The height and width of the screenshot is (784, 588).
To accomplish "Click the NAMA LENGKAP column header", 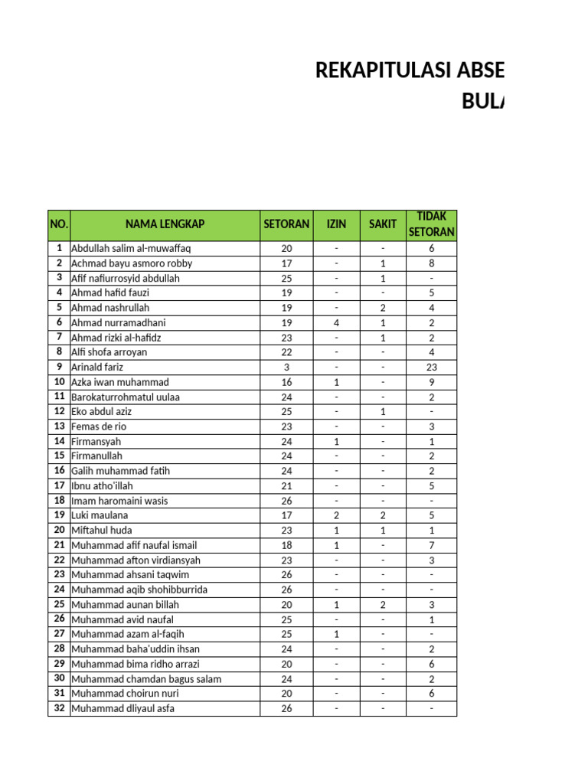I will pos(165,224).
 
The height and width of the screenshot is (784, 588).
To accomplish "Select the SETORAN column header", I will pos(286,224).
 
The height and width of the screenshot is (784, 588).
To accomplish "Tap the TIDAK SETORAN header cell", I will pos(431,224).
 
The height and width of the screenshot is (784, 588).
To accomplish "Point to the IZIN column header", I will pos(336,224).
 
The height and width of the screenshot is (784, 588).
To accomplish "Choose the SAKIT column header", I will pos(383,224).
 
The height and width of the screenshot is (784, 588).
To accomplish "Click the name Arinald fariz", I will pos(97,367).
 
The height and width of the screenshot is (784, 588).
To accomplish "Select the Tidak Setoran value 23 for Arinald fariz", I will pos(431,367).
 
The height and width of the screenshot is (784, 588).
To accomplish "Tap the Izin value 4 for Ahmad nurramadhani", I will pos(336,323).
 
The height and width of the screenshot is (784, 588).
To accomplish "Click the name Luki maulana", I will pos(97,516).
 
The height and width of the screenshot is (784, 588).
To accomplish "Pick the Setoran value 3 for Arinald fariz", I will pos(286,367).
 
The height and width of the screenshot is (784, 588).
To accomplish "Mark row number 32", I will pos(59,708).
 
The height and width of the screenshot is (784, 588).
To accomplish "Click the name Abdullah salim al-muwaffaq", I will pos(131,249).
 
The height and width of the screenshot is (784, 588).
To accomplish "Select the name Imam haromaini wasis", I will pos(119,501).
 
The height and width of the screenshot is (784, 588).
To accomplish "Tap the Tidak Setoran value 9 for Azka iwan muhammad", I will pos(431,382).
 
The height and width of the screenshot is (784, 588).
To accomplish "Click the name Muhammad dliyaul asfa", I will pos(122,709).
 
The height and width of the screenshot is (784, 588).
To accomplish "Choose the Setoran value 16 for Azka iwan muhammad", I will pos(286,382).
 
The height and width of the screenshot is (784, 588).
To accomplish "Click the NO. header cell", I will pos(59,224).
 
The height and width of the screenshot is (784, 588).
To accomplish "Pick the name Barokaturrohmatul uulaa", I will pos(126,397).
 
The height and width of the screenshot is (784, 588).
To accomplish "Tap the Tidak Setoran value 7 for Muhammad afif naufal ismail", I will pos(431,545).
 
